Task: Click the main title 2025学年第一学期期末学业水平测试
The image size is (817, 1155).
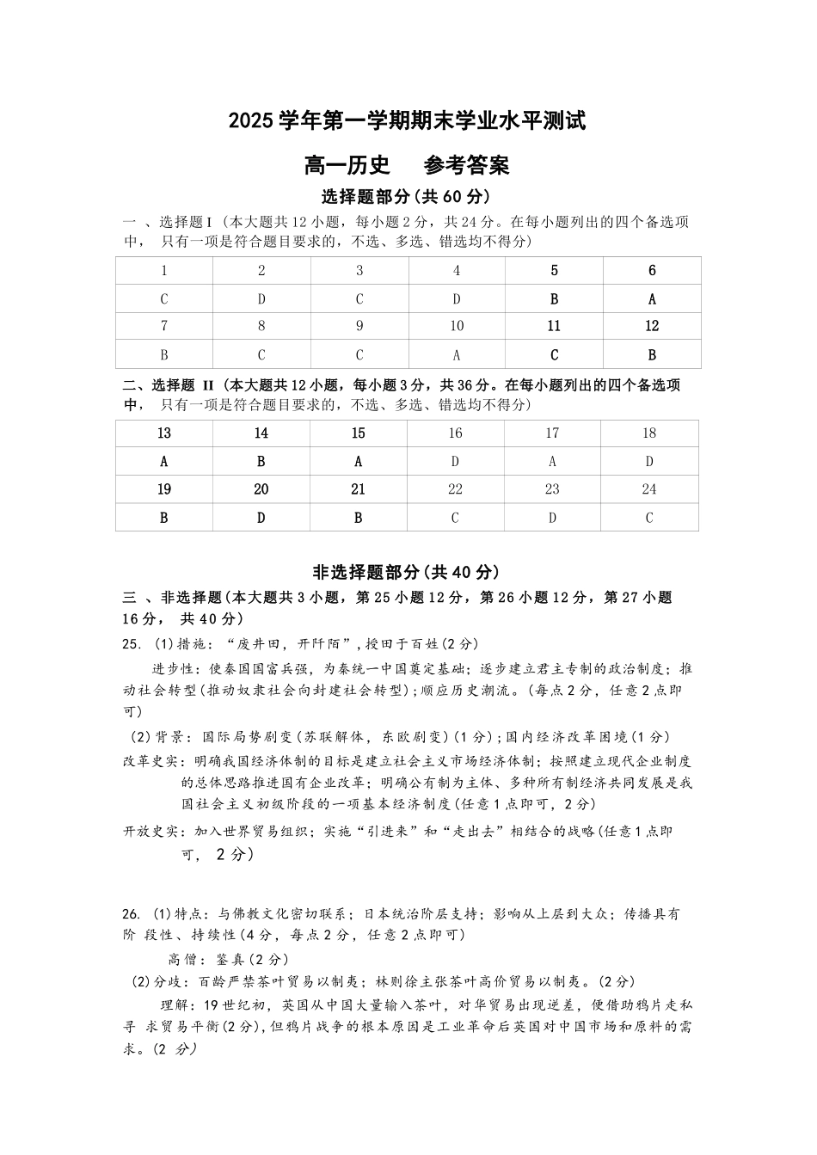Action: tap(407, 121)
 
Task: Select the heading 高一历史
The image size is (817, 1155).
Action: tap(347, 163)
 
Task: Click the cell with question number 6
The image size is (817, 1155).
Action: tap(652, 271)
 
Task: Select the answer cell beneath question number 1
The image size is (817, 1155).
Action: tap(164, 299)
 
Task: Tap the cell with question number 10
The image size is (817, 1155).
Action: tap(457, 327)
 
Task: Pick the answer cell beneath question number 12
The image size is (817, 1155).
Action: tap(652, 354)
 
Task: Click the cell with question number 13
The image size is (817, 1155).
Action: tap(164, 433)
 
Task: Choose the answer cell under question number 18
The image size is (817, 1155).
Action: tap(649, 462)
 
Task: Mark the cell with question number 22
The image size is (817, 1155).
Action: tap(455, 489)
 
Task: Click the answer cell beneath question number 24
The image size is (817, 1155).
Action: tap(649, 518)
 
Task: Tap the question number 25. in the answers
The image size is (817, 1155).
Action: tap(132, 644)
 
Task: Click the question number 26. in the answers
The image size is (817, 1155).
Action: tap(132, 914)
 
